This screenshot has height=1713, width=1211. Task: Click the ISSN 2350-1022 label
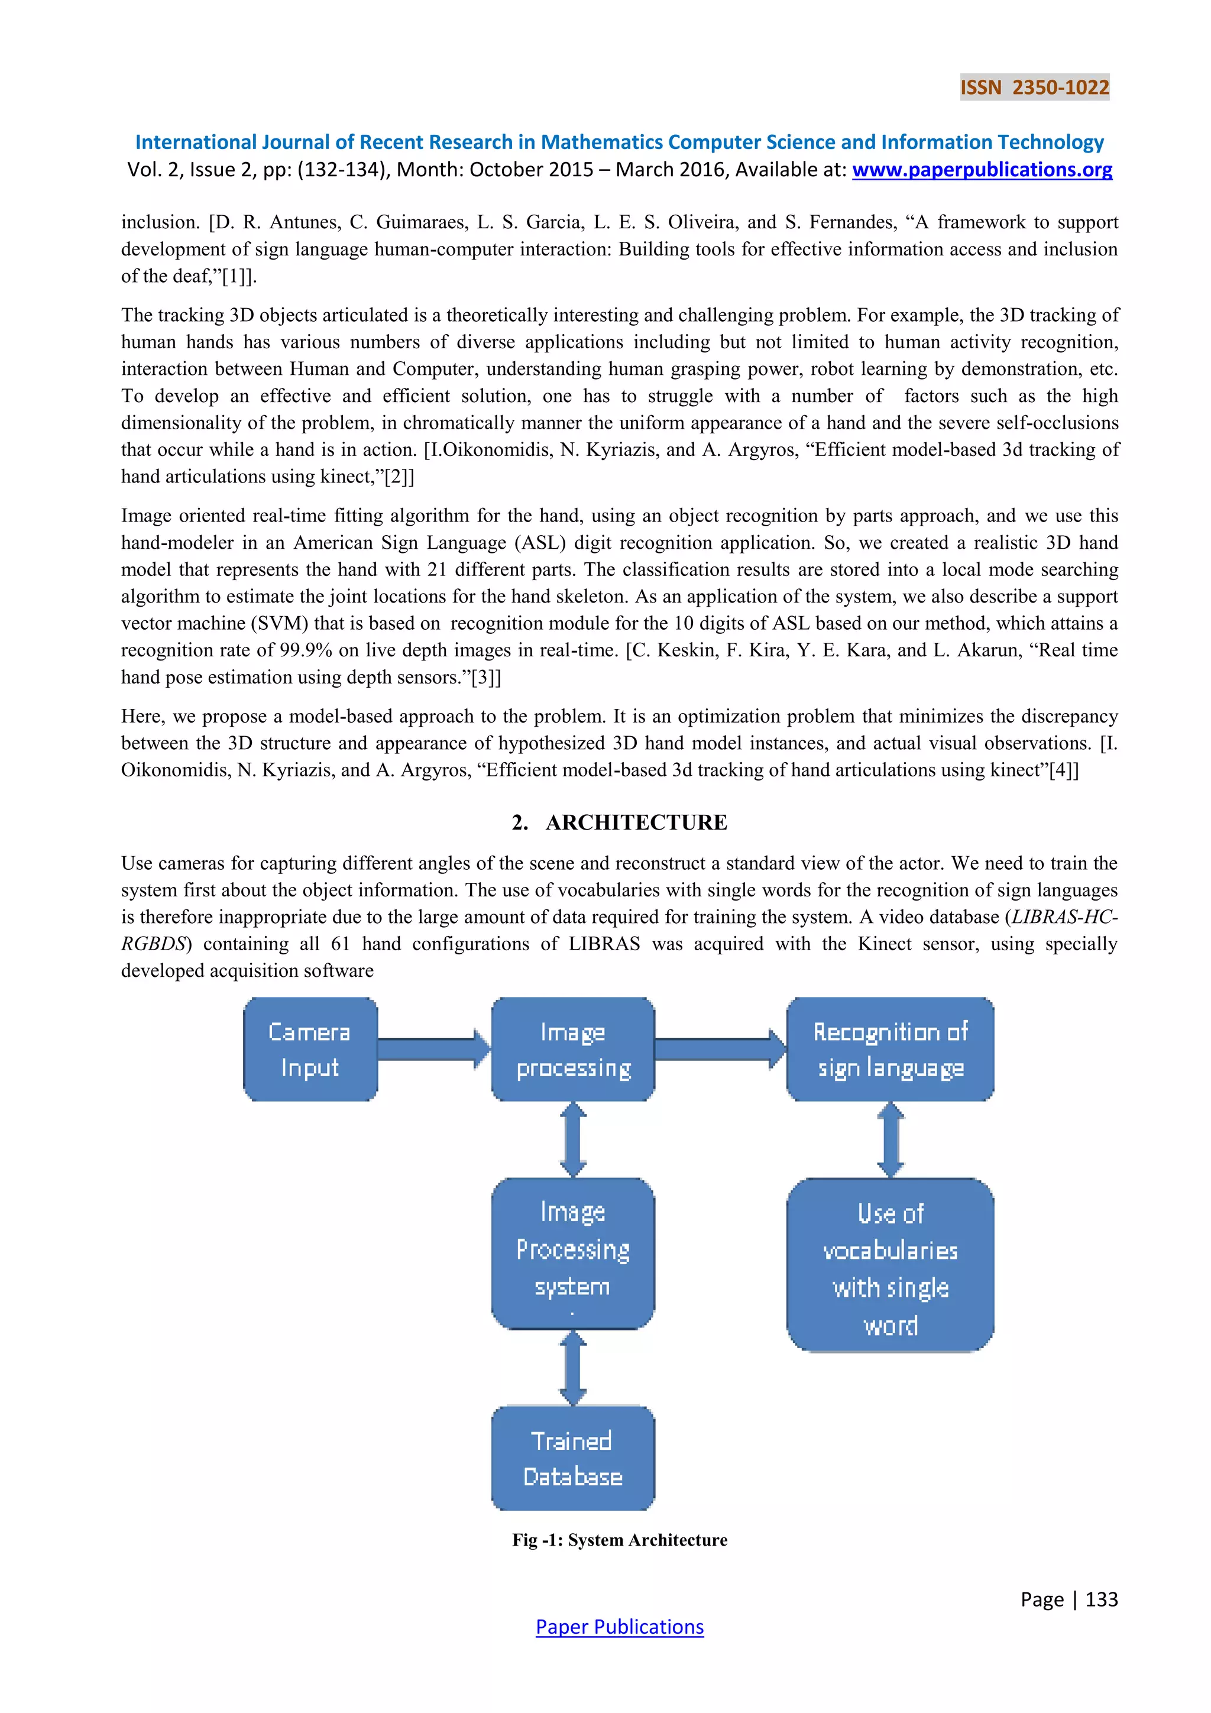[1034, 88]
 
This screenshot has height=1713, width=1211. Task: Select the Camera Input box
[310, 1049]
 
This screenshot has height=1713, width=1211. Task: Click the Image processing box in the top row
[572, 1049]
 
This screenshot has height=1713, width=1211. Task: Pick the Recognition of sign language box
[889, 1049]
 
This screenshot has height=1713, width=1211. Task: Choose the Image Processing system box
[572, 1252]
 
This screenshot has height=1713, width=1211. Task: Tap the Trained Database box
[572, 1457]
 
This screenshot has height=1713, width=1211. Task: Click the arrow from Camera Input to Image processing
[433, 1048]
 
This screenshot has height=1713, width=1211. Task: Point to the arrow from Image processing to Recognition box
[720, 1048]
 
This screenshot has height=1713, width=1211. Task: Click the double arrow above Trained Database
[572, 1368]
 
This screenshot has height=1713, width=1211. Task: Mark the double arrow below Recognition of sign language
[890, 1139]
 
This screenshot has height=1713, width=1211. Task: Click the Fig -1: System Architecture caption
[619, 1540]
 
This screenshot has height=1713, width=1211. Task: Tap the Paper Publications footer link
[619, 1627]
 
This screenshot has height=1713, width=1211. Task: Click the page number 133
[1102, 1599]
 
